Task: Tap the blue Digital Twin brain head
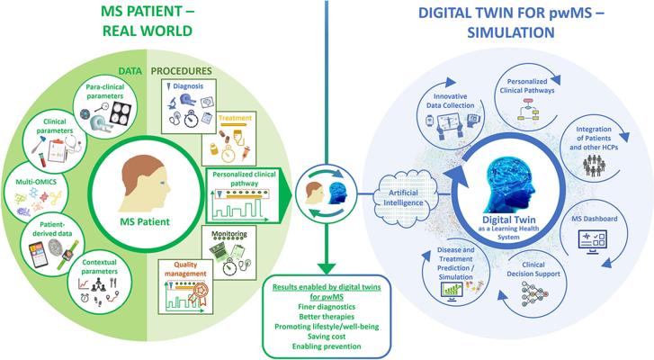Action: [510, 183]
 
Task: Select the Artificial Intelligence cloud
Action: [403, 198]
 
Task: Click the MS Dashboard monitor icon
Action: [592, 242]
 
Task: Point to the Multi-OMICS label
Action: [36, 182]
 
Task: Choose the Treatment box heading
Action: [235, 118]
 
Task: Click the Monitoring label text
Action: [229, 234]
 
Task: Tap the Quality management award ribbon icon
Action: [197, 295]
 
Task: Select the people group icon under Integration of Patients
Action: [594, 166]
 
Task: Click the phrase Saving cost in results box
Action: [327, 337]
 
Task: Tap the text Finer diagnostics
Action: [327, 307]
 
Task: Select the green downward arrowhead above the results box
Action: [327, 268]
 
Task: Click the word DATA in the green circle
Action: [130, 71]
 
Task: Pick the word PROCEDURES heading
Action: [182, 71]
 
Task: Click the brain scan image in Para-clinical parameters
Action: [121, 113]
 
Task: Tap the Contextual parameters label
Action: [99, 267]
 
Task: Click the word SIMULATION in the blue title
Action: [511, 32]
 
